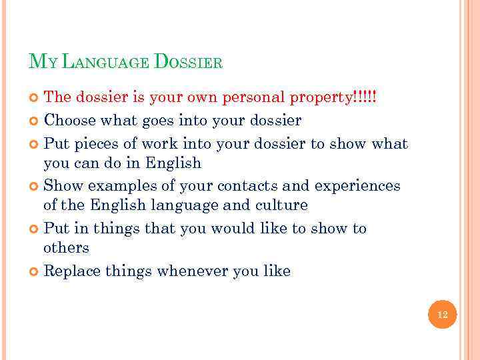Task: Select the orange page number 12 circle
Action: click(x=443, y=314)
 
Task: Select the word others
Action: click(x=66, y=247)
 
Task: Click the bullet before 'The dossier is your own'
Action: click(x=35, y=97)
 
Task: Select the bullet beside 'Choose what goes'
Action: click(x=35, y=121)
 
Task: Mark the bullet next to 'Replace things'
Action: click(x=35, y=271)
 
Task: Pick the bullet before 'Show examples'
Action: click(x=35, y=186)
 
